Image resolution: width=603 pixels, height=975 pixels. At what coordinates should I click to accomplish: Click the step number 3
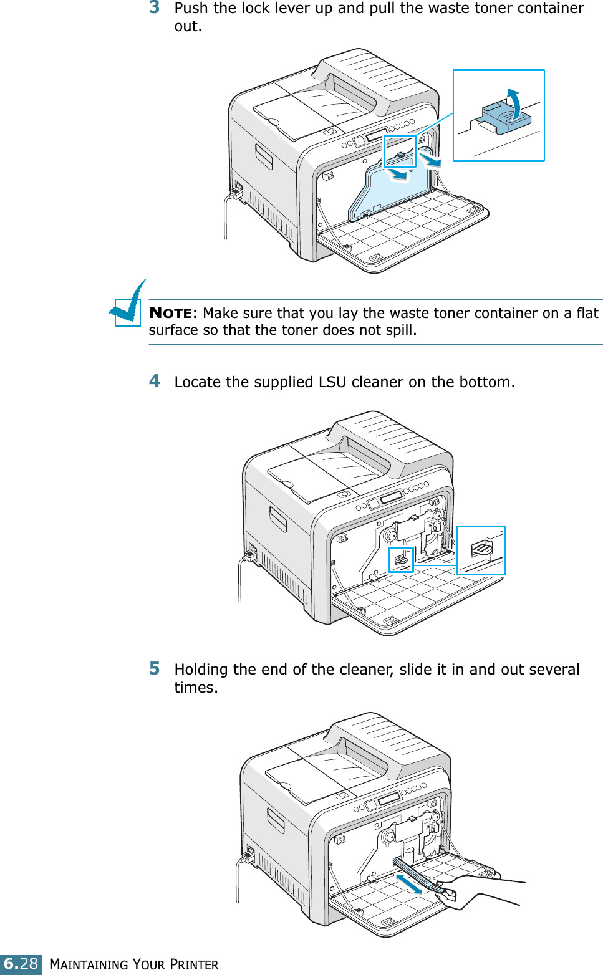click(x=155, y=7)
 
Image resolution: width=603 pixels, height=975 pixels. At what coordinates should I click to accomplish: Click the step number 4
click(x=155, y=381)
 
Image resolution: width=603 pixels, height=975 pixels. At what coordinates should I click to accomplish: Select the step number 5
click(x=155, y=668)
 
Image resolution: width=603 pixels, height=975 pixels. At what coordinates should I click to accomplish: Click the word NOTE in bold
click(x=170, y=313)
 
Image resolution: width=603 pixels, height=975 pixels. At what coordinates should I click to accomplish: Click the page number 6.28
click(x=21, y=964)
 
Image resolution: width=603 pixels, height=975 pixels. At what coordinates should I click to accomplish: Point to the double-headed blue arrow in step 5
click(x=409, y=883)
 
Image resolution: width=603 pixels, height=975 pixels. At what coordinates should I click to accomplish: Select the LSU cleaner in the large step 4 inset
click(x=482, y=549)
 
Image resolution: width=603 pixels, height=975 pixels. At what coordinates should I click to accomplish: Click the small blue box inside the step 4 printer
click(x=401, y=560)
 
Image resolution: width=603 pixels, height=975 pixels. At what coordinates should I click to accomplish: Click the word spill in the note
click(x=400, y=330)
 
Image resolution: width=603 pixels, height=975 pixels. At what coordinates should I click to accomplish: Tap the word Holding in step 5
click(x=201, y=670)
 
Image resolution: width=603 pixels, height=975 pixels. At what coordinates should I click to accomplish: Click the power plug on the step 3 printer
click(x=237, y=191)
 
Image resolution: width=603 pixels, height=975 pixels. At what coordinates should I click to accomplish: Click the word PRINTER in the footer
click(x=194, y=964)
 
